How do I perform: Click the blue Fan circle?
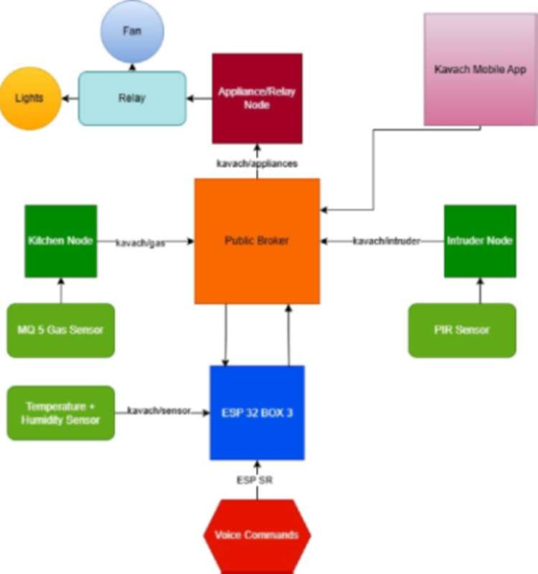[132, 31]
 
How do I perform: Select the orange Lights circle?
[29, 98]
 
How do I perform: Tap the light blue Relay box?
[132, 98]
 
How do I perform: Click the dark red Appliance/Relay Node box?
[257, 98]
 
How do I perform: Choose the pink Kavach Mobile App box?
[481, 70]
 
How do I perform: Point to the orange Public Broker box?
[257, 241]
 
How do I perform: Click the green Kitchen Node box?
[61, 241]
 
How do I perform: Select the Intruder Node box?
[480, 241]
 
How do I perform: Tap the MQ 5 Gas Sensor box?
[61, 330]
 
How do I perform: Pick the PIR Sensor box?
[462, 330]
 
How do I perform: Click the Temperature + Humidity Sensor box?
[61, 413]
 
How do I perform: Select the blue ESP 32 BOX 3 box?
[257, 413]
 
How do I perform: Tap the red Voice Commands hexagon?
[257, 535]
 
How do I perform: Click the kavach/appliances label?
[257, 164]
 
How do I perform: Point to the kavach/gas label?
[141, 243]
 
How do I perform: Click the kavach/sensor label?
[159, 411]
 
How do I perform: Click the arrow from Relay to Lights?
[70, 98]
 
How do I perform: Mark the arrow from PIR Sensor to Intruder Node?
[480, 291]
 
